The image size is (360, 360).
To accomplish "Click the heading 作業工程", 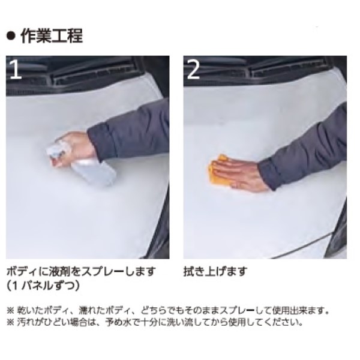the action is (x=52, y=36).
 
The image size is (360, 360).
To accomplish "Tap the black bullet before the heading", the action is (x=11, y=36).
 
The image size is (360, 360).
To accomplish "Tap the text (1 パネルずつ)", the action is (x=43, y=286).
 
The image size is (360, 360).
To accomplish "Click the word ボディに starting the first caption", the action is (x=28, y=272).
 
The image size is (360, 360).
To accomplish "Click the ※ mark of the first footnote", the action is (x=11, y=311).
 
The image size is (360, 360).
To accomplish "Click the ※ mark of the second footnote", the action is (x=11, y=322).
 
